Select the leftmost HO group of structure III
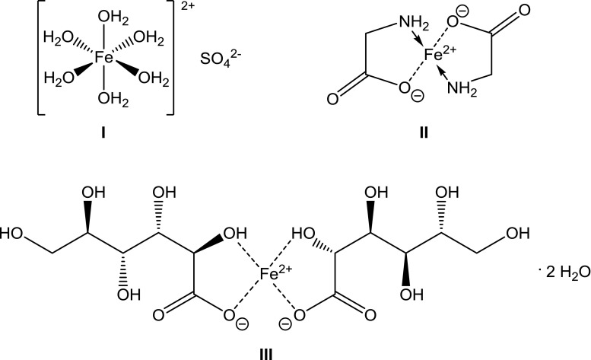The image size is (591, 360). [12, 230]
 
